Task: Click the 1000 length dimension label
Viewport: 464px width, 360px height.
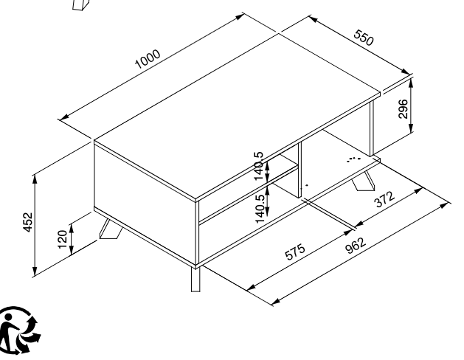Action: pyautogui.click(x=148, y=58)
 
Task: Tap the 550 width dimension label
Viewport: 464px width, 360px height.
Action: pyautogui.click(x=364, y=38)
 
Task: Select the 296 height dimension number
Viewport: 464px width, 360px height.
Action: pyautogui.click(x=403, y=109)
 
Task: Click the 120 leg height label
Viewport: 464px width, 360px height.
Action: pyautogui.click(x=62, y=239)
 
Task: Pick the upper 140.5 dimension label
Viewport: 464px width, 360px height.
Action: pyautogui.click(x=258, y=166)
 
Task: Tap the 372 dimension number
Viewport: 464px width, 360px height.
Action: pyautogui.click(x=384, y=199)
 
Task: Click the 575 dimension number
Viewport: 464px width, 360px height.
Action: pyautogui.click(x=294, y=252)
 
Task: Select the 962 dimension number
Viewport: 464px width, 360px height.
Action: pyautogui.click(x=356, y=246)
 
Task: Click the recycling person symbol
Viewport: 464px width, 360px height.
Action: pyautogui.click(x=18, y=330)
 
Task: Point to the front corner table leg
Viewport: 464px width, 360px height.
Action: pyautogui.click(x=195, y=280)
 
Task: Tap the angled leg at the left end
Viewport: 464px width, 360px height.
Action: pyautogui.click(x=111, y=229)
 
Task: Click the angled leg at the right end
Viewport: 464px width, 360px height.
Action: pyautogui.click(x=364, y=181)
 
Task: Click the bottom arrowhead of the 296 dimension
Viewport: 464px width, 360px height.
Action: pyautogui.click(x=411, y=128)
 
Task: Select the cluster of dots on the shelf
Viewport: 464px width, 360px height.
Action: pyautogui.click(x=353, y=159)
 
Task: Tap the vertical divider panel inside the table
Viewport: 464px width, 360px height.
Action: pyautogui.click(x=299, y=170)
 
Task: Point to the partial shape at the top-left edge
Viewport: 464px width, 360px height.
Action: pyautogui.click(x=80, y=5)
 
